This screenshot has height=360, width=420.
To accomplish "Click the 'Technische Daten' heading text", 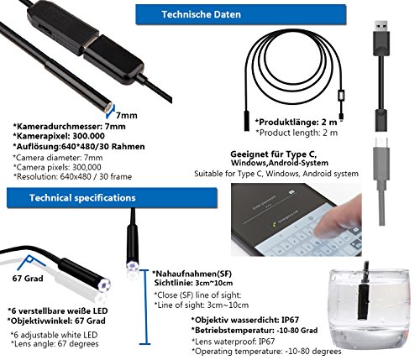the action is (201, 14).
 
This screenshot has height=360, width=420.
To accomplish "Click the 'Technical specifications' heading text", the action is (82, 198).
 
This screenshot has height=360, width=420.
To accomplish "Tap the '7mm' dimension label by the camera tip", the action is (127, 115).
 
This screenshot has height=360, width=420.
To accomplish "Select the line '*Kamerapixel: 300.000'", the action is (59, 136).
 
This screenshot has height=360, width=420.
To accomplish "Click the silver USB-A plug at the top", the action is (381, 26).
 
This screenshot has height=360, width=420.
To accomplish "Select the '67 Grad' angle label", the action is (28, 279).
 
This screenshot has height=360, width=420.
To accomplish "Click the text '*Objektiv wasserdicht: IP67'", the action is (245, 320).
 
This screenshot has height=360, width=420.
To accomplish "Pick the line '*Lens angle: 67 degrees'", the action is (55, 344).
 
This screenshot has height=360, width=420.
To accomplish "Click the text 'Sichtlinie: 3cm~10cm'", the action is (193, 283).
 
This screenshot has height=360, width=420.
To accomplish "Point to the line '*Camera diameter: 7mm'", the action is (58, 158).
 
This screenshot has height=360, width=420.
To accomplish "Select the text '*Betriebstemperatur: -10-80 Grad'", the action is (255, 331).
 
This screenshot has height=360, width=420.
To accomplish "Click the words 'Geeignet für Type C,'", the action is (273, 154).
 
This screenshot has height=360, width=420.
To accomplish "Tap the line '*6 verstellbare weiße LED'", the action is (58, 310).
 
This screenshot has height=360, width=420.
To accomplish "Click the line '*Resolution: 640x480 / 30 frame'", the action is (72, 176).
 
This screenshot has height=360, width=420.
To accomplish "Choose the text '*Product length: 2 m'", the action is (297, 133).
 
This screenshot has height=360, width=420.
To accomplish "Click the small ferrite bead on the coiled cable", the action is (340, 96).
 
